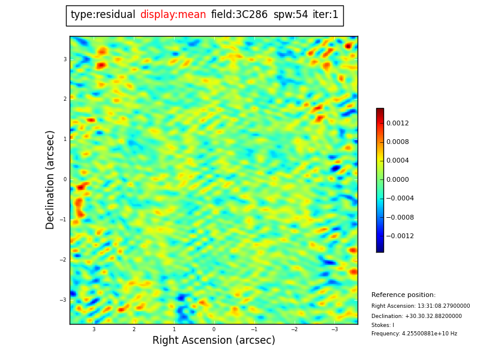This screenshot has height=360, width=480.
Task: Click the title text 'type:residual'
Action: pyautogui.click(x=103, y=15)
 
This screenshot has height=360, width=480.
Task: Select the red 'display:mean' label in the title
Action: pyautogui.click(x=173, y=15)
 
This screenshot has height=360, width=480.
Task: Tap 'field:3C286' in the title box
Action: pyautogui.click(x=239, y=15)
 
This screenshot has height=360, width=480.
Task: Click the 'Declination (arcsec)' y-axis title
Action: pyautogui.click(x=51, y=179)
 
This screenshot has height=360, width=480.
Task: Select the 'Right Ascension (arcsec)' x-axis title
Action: pyautogui.click(x=214, y=340)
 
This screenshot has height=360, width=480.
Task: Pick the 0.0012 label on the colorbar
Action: pyautogui.click(x=397, y=123)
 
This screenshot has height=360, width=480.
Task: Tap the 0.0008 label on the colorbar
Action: pyautogui.click(x=397, y=142)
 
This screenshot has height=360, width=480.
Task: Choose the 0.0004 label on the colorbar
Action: pyautogui.click(x=397, y=161)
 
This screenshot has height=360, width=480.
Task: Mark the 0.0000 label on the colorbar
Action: pyautogui.click(x=397, y=179)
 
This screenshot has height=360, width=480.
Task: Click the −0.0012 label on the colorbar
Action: pyautogui.click(x=399, y=236)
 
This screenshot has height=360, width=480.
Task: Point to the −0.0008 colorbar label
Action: pyautogui.click(x=399, y=217)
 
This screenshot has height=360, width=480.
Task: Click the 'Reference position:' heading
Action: pyautogui.click(x=403, y=295)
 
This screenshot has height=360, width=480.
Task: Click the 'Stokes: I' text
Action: pyautogui.click(x=383, y=325)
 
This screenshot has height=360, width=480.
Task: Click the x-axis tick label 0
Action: pyautogui.click(x=214, y=329)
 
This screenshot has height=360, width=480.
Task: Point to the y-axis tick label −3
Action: pyautogui.click(x=64, y=300)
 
